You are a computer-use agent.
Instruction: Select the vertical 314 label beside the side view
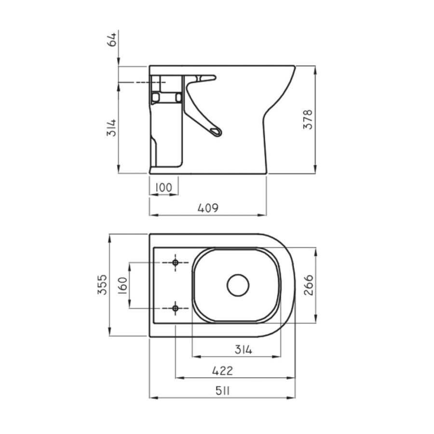pyautogui.click(x=112, y=128)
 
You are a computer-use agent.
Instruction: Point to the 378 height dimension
pyautogui.click(x=308, y=119)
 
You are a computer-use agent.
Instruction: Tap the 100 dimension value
pyautogui.click(x=163, y=188)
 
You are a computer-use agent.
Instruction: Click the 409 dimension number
pyautogui.click(x=208, y=207)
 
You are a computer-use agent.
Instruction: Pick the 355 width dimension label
pyautogui.click(x=102, y=285)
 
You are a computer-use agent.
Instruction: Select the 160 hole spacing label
pyautogui.click(x=123, y=285)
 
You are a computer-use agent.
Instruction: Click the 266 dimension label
pyautogui.click(x=309, y=285)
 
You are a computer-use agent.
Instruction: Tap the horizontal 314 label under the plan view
pyautogui.click(x=244, y=350)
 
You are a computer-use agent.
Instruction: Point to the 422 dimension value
pyautogui.click(x=223, y=371)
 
